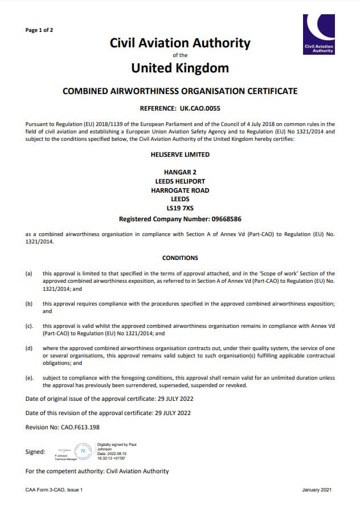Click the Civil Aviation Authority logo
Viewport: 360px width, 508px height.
pos(320,34)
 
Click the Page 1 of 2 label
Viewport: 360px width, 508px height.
pos(39,30)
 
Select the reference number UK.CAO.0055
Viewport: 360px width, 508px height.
pos(200,108)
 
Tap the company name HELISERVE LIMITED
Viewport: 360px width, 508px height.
pos(179,155)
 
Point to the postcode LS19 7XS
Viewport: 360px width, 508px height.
pos(179,208)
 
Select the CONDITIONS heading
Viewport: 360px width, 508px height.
pos(180,258)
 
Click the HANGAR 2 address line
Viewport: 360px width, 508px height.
pos(179,172)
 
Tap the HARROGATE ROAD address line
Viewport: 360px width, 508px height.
pos(179,190)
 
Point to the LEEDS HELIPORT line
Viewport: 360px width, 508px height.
pos(179,181)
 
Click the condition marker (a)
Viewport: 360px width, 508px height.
pos(29,274)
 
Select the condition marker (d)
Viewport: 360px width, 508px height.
pos(29,348)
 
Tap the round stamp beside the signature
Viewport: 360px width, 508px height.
pos(83,451)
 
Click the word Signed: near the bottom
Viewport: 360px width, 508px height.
pos(35,452)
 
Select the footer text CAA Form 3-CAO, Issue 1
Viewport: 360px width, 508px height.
pos(55,490)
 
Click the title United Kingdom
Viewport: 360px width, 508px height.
pos(179,68)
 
